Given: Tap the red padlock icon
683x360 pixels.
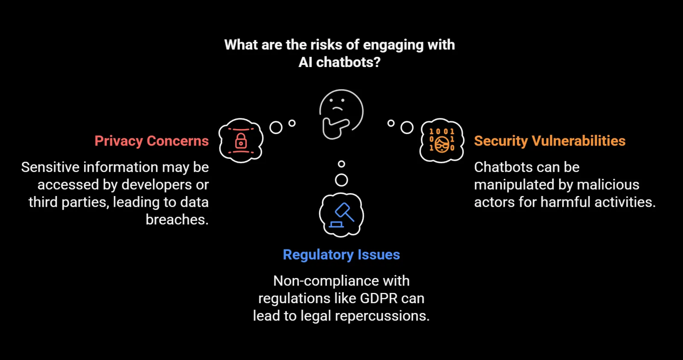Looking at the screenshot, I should point(241,140).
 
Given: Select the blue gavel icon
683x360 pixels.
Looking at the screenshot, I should point(341,214).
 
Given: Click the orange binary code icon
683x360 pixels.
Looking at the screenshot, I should point(442,140).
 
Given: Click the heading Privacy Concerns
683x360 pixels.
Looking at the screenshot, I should point(152,141).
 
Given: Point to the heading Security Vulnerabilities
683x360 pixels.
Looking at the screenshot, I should point(549,141).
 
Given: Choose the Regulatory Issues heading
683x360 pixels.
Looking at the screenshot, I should point(341,255).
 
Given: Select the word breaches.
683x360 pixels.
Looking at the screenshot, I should point(177,220).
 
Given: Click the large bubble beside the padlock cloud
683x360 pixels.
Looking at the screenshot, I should point(276,127).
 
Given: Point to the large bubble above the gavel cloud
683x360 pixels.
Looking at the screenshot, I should point(341,180).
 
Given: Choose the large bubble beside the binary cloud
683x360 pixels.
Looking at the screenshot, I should point(407,127).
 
